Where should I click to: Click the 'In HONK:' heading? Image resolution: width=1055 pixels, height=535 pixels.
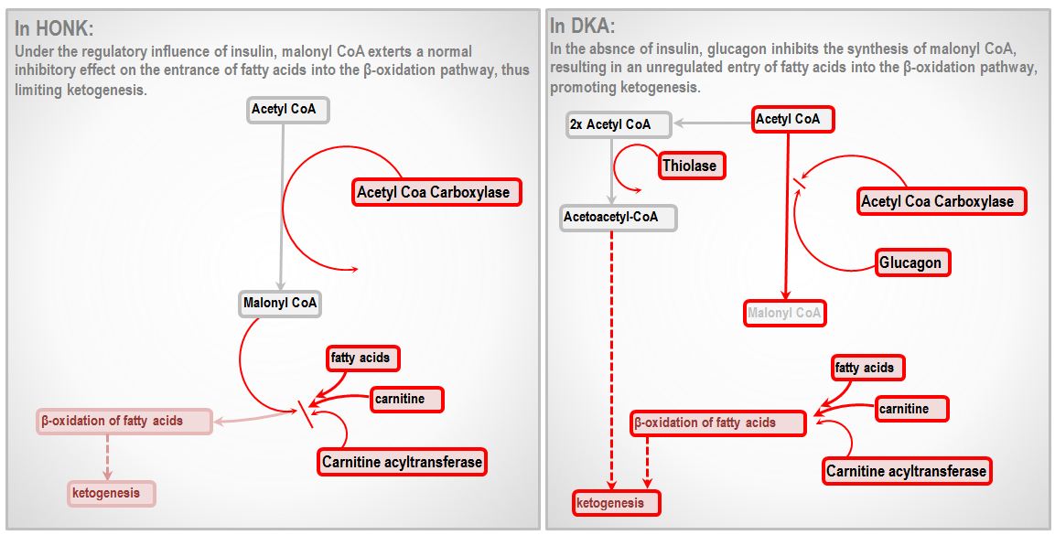[x=54, y=29]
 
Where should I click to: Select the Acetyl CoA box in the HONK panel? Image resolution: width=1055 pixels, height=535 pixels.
[x=287, y=109]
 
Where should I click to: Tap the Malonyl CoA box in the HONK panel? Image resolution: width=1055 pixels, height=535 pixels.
[x=280, y=303]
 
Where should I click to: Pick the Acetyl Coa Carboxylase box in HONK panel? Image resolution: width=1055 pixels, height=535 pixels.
[x=437, y=192]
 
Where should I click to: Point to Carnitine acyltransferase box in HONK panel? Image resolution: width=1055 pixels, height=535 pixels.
[x=403, y=462]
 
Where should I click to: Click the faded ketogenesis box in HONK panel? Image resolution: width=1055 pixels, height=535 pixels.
[x=111, y=493]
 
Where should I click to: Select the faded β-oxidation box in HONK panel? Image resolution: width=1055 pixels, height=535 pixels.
[x=124, y=422]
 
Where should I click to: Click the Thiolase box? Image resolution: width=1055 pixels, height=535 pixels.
[x=692, y=166]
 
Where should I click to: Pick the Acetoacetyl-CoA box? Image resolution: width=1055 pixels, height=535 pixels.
[x=619, y=218]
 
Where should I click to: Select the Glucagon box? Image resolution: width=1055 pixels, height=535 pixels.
[x=913, y=262]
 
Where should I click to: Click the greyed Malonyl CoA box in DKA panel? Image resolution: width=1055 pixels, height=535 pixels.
[x=784, y=313]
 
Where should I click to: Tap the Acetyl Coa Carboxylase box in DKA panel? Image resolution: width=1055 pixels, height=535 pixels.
[x=942, y=201]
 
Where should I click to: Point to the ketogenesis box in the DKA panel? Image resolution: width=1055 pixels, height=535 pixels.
[x=617, y=503]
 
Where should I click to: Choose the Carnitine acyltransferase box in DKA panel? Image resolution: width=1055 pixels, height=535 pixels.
[x=906, y=471]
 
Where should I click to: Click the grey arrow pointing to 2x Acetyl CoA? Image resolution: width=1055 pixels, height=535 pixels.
[x=713, y=123]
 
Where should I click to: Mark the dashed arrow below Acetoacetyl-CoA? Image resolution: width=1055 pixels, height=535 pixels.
[x=612, y=360]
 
